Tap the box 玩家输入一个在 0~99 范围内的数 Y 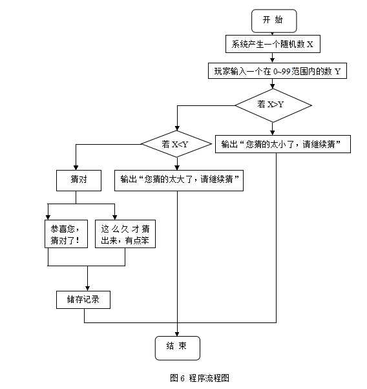coord(277,71)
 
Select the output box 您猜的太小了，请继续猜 coord(282,144)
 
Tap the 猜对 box coord(79,180)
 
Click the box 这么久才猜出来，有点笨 coord(125,235)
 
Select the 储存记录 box coord(83,300)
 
